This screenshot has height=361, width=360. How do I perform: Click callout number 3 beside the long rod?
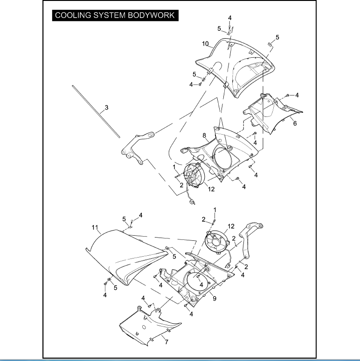pos(106,108)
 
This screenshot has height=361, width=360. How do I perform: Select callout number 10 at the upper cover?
pos(205,44)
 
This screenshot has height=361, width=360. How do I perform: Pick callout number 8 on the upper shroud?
pos(204,136)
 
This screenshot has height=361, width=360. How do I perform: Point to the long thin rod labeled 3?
pos(96,110)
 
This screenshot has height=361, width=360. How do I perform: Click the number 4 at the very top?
pos(229,18)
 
